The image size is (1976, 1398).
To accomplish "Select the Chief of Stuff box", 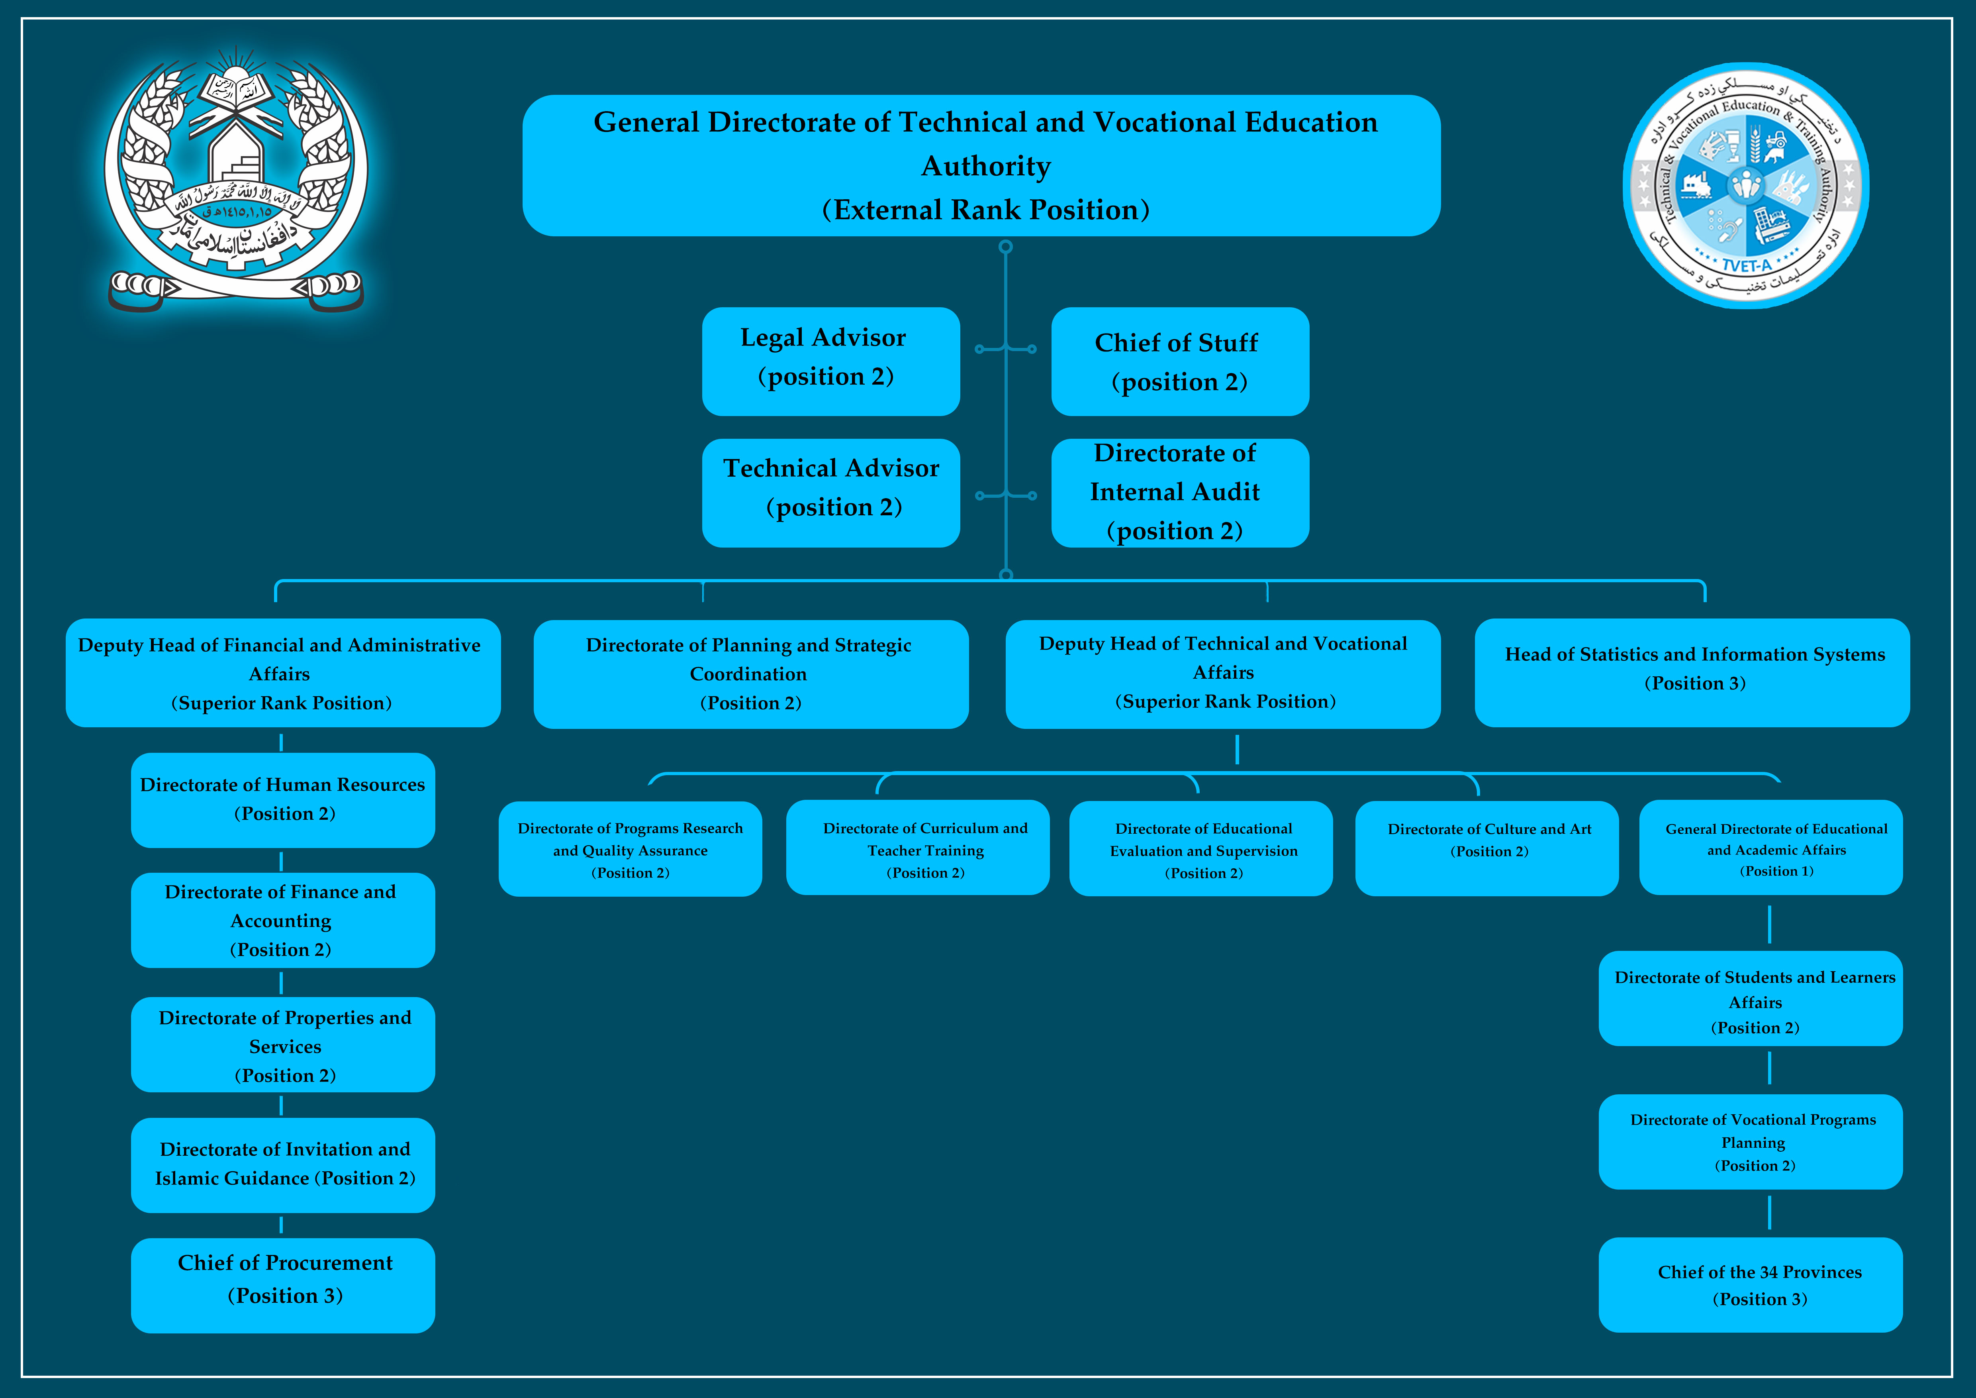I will (1180, 361).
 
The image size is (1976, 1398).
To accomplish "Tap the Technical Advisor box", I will (830, 493).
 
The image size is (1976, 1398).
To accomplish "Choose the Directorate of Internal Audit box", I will (1180, 493).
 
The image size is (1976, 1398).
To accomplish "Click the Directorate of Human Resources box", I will (282, 800).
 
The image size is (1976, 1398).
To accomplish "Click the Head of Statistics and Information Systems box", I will (1691, 672).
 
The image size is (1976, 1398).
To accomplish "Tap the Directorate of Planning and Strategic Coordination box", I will (750, 674).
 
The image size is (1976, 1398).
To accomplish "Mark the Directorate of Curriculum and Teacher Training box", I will (917, 848).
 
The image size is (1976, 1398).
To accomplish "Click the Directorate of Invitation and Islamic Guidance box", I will (282, 1165).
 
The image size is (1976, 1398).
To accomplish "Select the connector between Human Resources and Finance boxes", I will (282, 861).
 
